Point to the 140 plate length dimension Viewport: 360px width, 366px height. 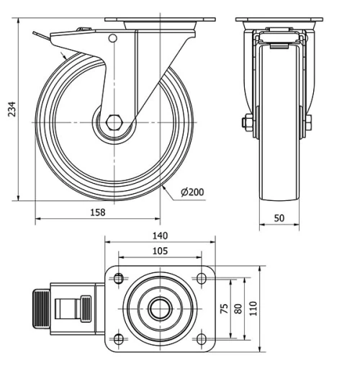click(160, 235)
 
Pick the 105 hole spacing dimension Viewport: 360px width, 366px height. click(160, 251)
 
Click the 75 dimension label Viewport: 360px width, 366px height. click(223, 308)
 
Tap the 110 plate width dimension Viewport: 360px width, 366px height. click(253, 308)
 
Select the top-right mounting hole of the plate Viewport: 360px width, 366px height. click(201, 277)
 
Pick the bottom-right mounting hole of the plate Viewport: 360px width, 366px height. click(201, 339)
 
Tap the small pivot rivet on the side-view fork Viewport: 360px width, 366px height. click(112, 38)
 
